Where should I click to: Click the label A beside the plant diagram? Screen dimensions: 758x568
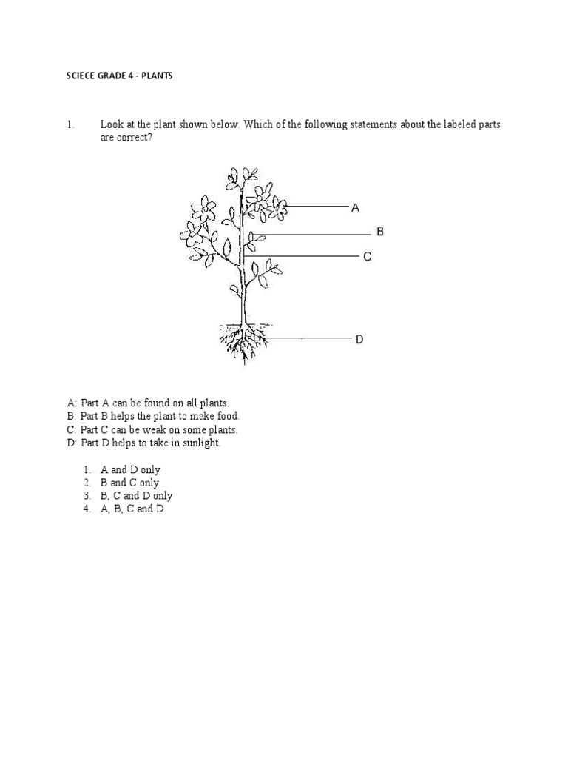(x=356, y=209)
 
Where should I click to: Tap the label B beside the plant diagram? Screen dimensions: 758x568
(x=380, y=232)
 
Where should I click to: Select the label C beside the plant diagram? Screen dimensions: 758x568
(x=367, y=257)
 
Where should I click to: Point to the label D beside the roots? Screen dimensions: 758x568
(x=359, y=339)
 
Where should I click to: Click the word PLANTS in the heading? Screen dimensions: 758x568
(x=157, y=76)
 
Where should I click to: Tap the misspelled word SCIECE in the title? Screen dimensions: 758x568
(x=81, y=76)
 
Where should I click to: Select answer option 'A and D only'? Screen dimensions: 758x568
(x=130, y=470)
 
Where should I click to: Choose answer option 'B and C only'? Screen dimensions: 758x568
(x=129, y=483)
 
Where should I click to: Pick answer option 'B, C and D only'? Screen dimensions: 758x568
(x=136, y=496)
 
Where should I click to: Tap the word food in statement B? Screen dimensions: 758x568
(x=227, y=417)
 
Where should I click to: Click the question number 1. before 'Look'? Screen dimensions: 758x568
(x=71, y=124)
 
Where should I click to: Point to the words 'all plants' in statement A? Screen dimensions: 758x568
(x=210, y=403)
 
